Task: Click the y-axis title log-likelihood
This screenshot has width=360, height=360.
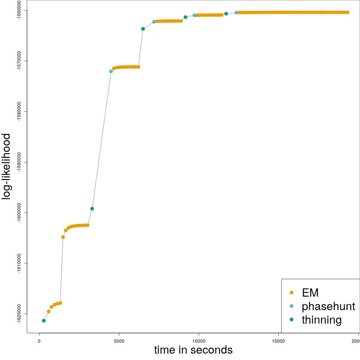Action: point(7,166)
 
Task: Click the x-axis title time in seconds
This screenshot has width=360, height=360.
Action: point(193,350)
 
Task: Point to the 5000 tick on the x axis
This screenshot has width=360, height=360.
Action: point(119,341)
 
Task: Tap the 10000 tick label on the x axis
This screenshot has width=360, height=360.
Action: point(198,341)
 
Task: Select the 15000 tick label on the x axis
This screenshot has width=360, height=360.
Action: point(278,341)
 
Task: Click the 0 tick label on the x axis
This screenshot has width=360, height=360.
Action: point(39,341)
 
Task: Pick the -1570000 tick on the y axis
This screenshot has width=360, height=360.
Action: point(19,61)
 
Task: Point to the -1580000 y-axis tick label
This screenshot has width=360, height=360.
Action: point(19,111)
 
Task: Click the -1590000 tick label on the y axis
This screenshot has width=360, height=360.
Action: point(19,162)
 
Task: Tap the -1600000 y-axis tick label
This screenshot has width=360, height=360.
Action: point(19,213)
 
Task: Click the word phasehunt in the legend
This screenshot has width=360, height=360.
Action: point(328,306)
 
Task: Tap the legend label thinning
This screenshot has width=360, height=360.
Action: point(321,320)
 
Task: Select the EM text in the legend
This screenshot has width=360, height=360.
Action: point(310,292)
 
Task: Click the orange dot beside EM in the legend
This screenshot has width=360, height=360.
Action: point(291,292)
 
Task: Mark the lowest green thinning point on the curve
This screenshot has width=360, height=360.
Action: point(44,321)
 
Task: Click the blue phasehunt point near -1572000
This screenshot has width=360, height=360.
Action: point(111,71)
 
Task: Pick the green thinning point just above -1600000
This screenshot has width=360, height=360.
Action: point(92,208)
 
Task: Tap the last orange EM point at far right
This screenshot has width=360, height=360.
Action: point(348,12)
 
